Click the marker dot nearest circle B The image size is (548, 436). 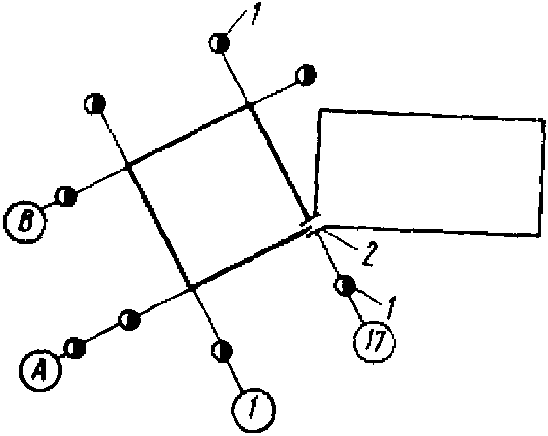click(x=66, y=196)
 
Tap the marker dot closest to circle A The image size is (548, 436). click(x=75, y=348)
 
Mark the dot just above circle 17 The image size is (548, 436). click(x=345, y=286)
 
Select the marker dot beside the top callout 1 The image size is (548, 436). click(x=219, y=43)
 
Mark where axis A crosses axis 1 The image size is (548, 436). click(x=192, y=288)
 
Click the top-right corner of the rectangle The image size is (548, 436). click(x=543, y=121)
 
